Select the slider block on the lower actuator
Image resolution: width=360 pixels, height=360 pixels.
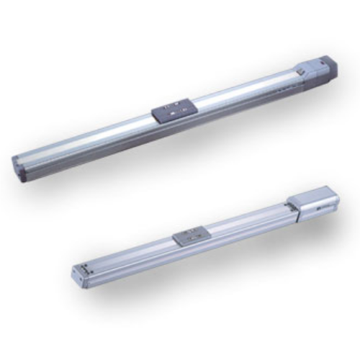click(x=190, y=235)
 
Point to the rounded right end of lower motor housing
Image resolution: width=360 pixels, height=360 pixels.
click(x=336, y=196)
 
